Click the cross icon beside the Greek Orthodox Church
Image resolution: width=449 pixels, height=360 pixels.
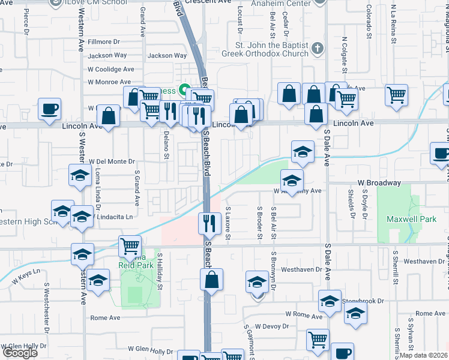[x=318, y=48]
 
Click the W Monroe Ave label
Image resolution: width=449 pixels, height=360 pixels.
[x=109, y=82]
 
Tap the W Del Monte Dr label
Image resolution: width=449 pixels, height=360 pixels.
[x=112, y=161]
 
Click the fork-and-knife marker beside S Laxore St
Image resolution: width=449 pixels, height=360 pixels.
[x=209, y=224]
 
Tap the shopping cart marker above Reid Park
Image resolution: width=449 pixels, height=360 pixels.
[x=130, y=246]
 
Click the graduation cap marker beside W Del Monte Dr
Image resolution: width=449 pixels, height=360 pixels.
[x=78, y=175]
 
